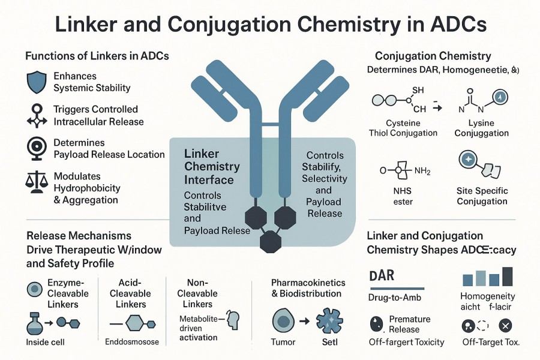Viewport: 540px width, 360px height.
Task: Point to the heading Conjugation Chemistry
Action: (433, 56)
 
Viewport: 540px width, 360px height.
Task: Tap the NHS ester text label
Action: (403, 196)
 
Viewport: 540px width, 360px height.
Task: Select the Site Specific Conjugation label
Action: (482, 196)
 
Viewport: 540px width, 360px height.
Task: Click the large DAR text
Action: (381, 277)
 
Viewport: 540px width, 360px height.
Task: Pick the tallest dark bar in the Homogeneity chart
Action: (508, 276)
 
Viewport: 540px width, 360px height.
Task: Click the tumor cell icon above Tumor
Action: (284, 320)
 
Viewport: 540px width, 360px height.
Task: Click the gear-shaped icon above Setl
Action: (330, 320)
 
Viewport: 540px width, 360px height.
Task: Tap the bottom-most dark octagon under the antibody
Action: (271, 240)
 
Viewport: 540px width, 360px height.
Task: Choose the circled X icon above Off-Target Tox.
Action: (505, 326)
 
